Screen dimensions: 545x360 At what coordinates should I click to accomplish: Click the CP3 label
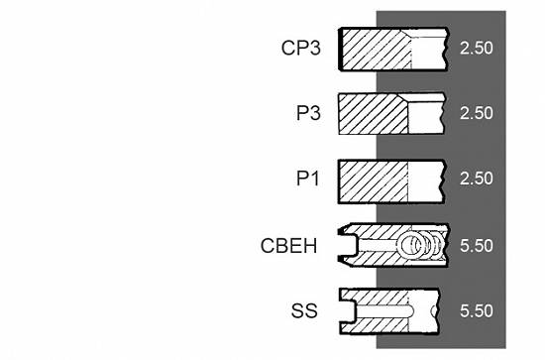click(300, 48)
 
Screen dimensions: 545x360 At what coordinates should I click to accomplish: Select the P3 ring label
click(308, 113)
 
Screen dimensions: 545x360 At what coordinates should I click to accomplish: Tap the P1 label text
click(307, 179)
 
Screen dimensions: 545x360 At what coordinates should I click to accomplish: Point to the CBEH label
click(288, 246)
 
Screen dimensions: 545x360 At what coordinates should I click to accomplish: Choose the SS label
click(304, 310)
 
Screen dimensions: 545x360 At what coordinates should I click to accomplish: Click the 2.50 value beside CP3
click(477, 48)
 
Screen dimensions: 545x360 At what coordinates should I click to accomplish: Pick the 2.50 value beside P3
click(477, 113)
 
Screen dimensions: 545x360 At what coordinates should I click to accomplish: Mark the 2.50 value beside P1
click(477, 179)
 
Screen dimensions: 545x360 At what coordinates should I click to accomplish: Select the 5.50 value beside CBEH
click(477, 246)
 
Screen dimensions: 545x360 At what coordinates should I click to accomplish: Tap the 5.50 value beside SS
click(477, 310)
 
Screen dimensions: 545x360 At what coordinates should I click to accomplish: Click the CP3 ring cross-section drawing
click(393, 49)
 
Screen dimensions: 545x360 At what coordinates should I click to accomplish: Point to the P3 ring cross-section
click(391, 113)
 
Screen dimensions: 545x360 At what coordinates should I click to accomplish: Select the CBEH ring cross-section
click(393, 245)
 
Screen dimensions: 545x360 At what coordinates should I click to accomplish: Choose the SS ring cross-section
click(389, 311)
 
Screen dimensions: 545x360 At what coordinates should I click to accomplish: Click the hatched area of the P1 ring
click(373, 181)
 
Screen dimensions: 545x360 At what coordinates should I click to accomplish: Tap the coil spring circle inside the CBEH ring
click(411, 245)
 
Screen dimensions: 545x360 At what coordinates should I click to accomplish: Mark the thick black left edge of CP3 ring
click(340, 49)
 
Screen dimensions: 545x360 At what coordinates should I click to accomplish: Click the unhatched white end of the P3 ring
click(426, 118)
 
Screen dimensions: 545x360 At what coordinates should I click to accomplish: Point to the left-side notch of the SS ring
click(349, 311)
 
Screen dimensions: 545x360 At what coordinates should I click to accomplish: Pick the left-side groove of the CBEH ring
click(348, 245)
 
